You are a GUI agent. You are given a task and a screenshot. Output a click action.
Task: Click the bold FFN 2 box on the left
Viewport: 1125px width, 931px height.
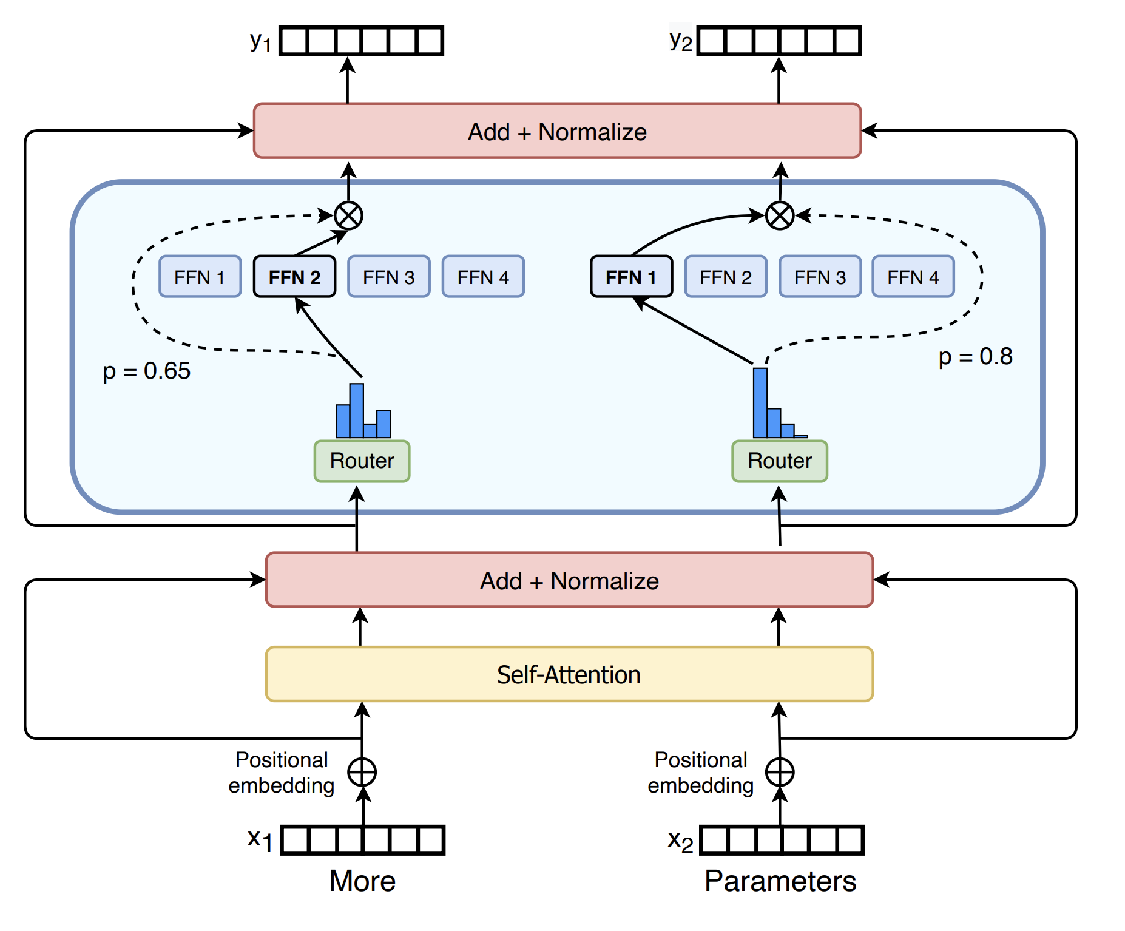pyautogui.click(x=294, y=277)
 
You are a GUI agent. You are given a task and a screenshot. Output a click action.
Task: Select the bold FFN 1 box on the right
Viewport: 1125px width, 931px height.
pyautogui.click(x=631, y=277)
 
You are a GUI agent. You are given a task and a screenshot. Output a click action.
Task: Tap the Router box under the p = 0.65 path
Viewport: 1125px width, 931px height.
pyautogui.click(x=362, y=461)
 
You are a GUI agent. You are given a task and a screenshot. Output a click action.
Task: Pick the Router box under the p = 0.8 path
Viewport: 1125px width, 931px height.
pyautogui.click(x=780, y=461)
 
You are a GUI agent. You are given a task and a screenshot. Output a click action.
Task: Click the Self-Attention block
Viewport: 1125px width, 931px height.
pyautogui.click(x=569, y=674)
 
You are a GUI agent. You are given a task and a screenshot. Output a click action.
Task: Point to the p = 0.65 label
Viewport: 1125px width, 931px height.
pyautogui.click(x=147, y=371)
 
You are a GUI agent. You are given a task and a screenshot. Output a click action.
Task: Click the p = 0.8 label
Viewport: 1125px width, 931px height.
pyautogui.click(x=975, y=356)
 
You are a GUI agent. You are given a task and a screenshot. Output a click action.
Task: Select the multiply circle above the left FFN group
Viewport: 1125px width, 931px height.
pyautogui.click(x=349, y=215)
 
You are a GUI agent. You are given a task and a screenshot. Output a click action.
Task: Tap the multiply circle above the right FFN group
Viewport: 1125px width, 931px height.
pyautogui.click(x=780, y=215)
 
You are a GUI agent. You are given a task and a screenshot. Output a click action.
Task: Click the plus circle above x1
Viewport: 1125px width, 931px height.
pyautogui.click(x=362, y=772)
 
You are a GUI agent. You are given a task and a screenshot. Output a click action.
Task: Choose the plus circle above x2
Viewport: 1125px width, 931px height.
pyautogui.click(x=780, y=772)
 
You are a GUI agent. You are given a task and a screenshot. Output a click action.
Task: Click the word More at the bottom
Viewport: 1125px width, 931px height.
pyautogui.click(x=362, y=881)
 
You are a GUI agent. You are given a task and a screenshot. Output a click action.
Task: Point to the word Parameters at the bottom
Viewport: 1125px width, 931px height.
pyautogui.click(x=780, y=881)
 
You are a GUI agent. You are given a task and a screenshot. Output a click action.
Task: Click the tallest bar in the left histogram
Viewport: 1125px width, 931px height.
pyautogui.click(x=357, y=410)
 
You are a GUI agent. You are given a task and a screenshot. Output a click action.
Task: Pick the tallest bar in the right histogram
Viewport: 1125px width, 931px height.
pyautogui.click(x=760, y=402)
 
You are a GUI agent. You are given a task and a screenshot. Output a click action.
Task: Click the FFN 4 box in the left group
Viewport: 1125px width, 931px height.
pyautogui.click(x=483, y=277)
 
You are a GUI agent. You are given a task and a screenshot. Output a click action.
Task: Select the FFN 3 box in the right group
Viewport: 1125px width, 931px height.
pyautogui.click(x=820, y=277)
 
